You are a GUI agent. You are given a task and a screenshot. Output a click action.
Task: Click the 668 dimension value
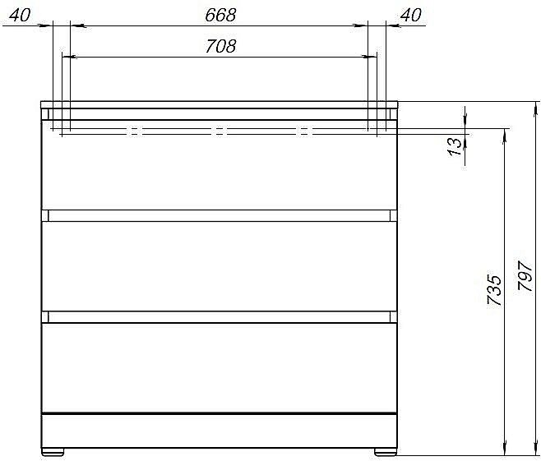pyautogui.click(x=219, y=14)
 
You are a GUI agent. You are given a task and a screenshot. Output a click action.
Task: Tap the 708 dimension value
pyautogui.click(x=220, y=46)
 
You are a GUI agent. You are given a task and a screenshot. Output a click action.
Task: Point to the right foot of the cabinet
pyautogui.click(x=384, y=451)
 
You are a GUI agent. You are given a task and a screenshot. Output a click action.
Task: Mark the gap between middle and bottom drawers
pyautogui.click(x=220, y=316)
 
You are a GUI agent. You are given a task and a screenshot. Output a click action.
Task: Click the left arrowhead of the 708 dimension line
pyautogui.click(x=67, y=58)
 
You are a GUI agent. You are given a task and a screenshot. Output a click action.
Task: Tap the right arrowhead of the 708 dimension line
pyautogui.click(x=371, y=58)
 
